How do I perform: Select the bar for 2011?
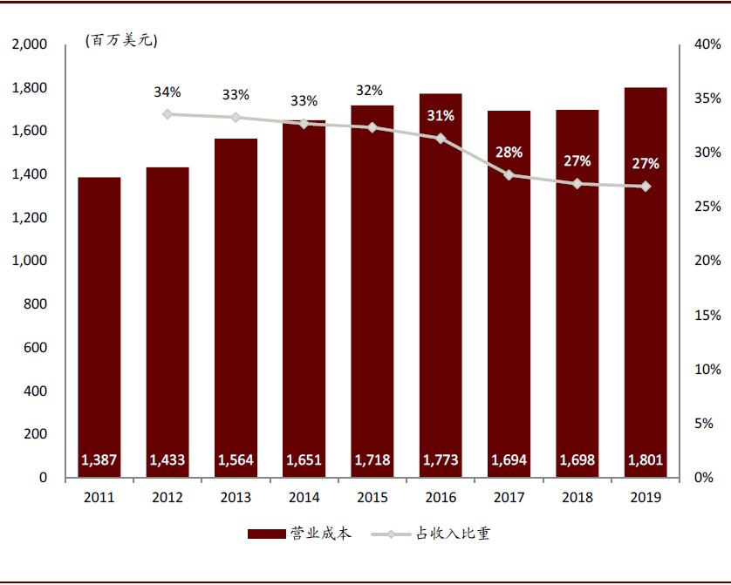click(x=99, y=327)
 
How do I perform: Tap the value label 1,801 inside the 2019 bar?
click(x=645, y=460)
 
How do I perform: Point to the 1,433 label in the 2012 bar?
click(x=167, y=460)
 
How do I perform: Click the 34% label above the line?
click(x=167, y=92)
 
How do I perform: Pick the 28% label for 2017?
click(x=509, y=152)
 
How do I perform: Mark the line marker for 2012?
click(x=167, y=114)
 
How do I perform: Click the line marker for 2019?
click(x=645, y=187)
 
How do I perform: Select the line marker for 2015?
click(x=372, y=127)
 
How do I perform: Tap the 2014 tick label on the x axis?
click(x=304, y=497)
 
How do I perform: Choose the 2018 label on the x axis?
click(x=577, y=497)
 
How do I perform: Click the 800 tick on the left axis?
click(x=35, y=304)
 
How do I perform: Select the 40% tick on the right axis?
click(x=707, y=44)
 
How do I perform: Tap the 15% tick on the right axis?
click(x=707, y=316)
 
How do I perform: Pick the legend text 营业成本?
click(x=321, y=534)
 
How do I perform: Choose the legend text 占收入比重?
click(x=454, y=534)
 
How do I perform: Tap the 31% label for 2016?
click(x=441, y=116)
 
